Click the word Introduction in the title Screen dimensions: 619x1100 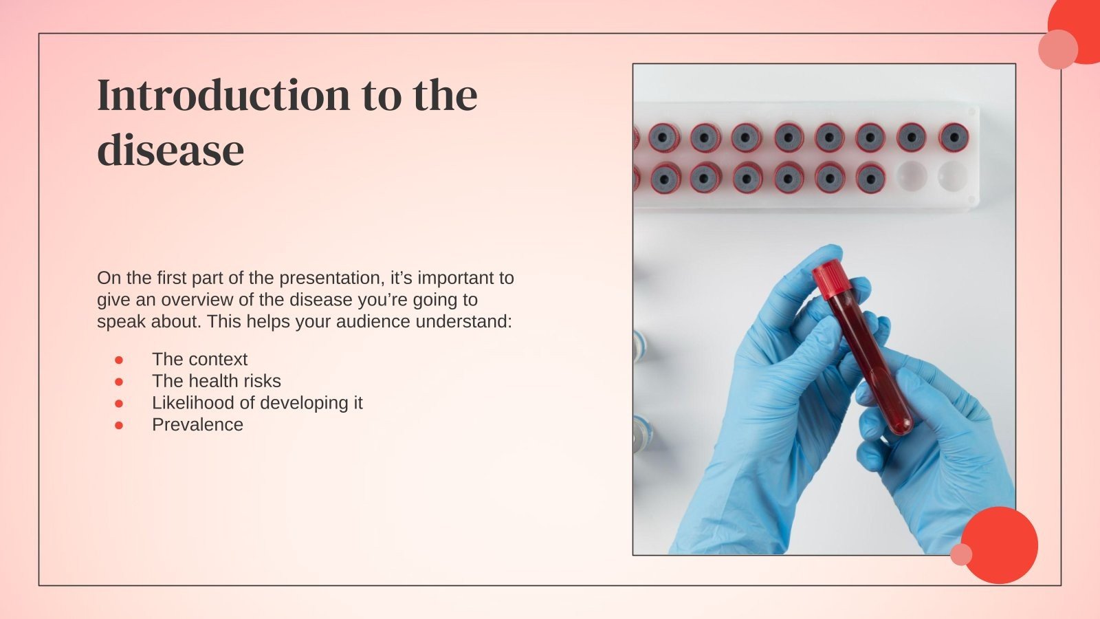coord(224,95)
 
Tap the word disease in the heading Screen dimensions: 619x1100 coord(170,150)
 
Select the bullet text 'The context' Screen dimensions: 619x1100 coord(199,359)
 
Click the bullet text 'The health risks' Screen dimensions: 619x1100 coord(217,381)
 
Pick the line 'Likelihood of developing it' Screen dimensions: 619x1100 coord(257,403)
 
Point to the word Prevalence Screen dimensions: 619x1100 coord(197,425)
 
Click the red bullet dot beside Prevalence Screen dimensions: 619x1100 coord(119,425)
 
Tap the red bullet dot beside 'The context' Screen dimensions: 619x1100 coord(119,360)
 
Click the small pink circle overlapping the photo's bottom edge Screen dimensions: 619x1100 coord(961,554)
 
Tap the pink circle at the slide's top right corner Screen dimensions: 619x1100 coord(1057,50)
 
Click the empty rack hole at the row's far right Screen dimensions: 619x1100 coord(953,176)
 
